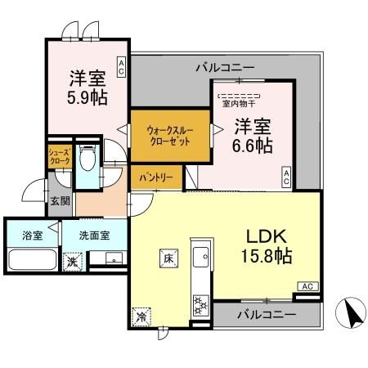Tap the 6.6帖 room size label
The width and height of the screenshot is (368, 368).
coord(253,147)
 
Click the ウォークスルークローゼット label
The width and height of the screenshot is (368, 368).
coord(168,136)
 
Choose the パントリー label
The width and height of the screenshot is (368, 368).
coord(155,177)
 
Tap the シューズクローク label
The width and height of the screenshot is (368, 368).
coord(60,156)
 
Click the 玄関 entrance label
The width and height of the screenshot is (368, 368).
coord(60,201)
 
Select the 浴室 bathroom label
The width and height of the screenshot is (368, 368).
coord(34,235)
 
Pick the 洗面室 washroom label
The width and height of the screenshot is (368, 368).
coord(95,235)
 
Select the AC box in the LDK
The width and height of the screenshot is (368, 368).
coord(307,286)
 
